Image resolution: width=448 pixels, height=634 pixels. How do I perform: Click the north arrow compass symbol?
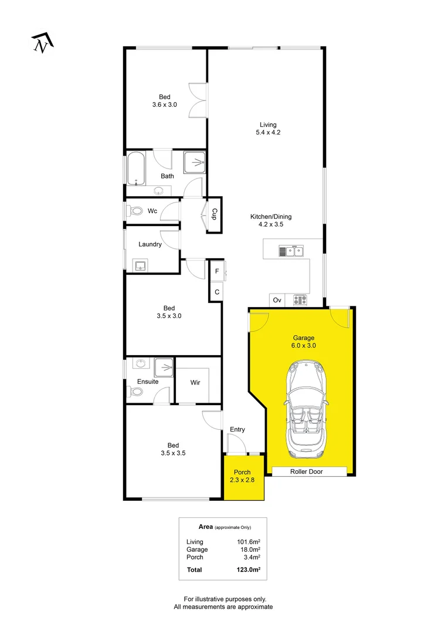pos(42,43)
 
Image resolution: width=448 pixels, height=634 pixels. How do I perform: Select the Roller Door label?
pos(306,471)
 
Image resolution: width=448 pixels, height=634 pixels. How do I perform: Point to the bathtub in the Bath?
pos(135,167)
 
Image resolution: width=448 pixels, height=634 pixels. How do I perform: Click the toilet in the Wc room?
pos(134,211)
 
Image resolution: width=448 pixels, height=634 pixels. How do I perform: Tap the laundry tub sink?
pos(140,265)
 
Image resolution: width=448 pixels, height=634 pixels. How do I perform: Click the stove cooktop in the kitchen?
pos(300,300)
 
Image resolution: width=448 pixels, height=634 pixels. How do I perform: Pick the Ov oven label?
pos(277,300)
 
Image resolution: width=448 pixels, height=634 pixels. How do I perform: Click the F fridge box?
pos(217,271)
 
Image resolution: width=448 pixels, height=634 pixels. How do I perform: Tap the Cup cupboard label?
pos(215,214)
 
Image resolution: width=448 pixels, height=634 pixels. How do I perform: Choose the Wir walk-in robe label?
pos(195,382)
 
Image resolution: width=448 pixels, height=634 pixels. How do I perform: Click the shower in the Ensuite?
pos(164,367)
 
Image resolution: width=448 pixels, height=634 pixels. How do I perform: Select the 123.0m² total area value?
pos(249,569)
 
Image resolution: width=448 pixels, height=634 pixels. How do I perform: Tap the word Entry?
pos(237,429)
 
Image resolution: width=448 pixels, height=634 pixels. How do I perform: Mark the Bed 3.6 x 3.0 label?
pos(165,101)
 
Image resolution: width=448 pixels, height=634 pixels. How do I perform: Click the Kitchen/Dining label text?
pos(270,217)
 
